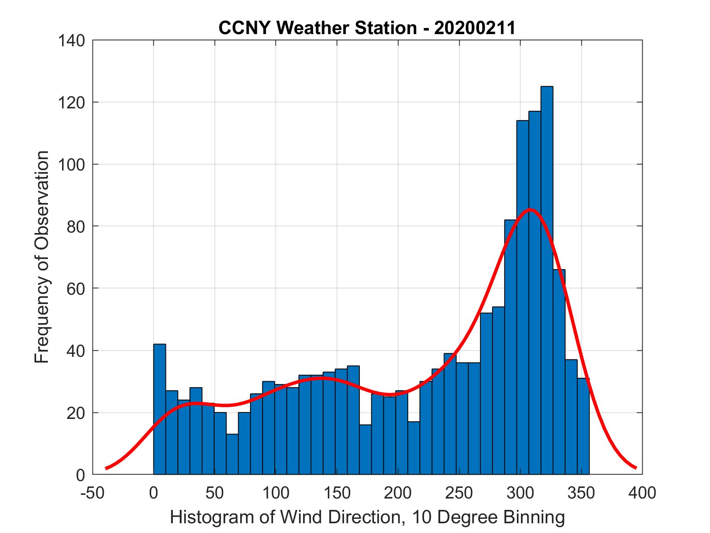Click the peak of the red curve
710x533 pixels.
pos(530,210)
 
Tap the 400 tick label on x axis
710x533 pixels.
pos(642,493)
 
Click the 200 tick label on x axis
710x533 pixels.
pos(398,493)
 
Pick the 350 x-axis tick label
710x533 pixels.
pos(581,493)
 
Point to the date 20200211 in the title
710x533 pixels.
pos(475,28)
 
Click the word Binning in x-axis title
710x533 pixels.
pos(532,517)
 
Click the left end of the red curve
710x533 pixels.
pos(106,468)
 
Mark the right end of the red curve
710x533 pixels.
pos(636,468)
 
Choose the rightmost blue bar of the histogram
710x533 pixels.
pos(583,426)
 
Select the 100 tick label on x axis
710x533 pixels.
pos(275,493)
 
